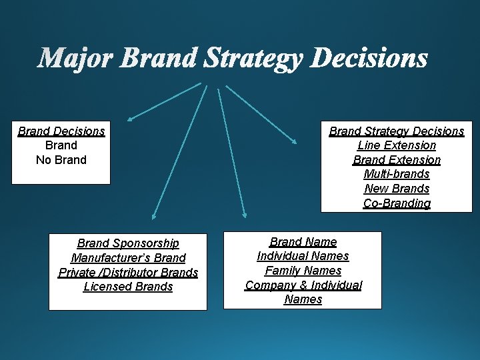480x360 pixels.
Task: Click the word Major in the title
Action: pos(77,59)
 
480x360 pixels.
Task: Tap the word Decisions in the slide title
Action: pos(369,59)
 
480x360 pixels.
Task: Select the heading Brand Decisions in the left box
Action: pos(61,131)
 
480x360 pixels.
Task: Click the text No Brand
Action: pos(61,160)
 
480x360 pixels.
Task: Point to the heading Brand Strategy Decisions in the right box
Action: pos(397,131)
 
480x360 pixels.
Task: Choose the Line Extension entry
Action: pos(397,145)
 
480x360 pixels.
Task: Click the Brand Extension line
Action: pos(397,160)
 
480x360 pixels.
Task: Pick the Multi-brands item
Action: pos(397,175)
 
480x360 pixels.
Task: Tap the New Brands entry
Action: pos(397,189)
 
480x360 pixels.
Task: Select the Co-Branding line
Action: pos(397,203)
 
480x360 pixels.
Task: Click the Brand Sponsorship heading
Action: pos(128,243)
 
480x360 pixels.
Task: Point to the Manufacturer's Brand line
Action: pos(128,258)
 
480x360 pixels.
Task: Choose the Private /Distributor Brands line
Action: pos(128,273)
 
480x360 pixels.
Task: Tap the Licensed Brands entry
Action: pos(128,287)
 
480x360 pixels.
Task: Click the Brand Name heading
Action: pos(303,242)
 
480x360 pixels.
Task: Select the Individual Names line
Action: pos(303,256)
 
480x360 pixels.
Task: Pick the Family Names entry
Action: pos(303,271)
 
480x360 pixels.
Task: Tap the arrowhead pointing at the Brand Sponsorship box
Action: pos(153,216)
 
